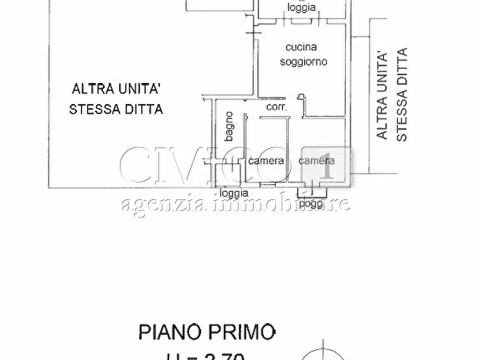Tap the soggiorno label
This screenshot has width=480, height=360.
(x=303, y=62)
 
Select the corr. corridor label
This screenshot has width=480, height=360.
(x=277, y=107)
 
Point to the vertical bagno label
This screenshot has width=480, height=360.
(x=229, y=126)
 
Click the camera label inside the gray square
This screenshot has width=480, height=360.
(x=316, y=160)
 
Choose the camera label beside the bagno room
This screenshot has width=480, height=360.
(x=266, y=161)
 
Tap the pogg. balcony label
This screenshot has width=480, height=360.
(x=311, y=204)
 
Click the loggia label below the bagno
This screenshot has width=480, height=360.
(x=234, y=192)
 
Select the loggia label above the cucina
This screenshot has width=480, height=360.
(x=301, y=8)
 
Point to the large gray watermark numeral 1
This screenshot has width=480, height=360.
(x=325, y=165)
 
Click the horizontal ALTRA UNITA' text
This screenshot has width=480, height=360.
(x=116, y=88)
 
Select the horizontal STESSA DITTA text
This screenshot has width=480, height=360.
(x=116, y=109)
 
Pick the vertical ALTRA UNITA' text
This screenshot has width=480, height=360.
(x=382, y=95)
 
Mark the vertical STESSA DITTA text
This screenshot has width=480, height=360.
(x=402, y=95)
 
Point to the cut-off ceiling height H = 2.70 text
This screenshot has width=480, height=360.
(x=207, y=355)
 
